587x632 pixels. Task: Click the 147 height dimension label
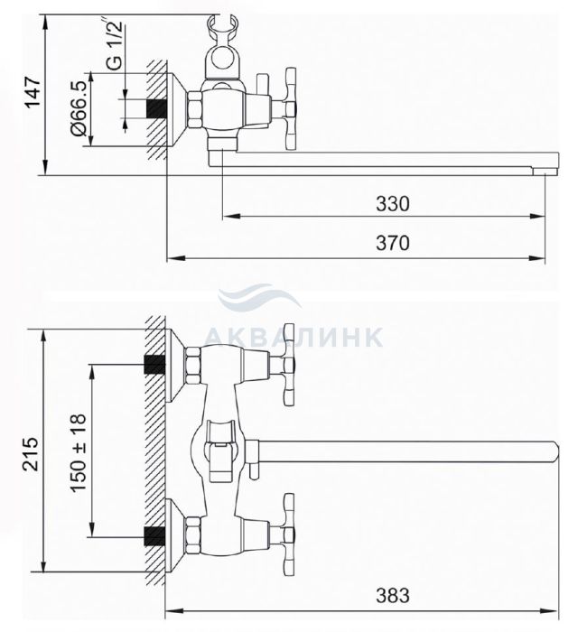tap(33, 94)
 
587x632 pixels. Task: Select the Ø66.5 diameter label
tap(79, 108)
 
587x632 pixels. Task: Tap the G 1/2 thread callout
tap(113, 43)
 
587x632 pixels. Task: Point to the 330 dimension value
tap(392, 203)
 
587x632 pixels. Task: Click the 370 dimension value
tap(392, 243)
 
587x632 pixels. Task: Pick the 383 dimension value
tap(392, 595)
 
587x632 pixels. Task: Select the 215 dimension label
tap(31, 453)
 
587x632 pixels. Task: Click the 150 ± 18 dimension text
tap(78, 452)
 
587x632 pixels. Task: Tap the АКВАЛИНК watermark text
tap(293, 336)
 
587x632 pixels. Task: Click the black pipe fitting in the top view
tap(156, 108)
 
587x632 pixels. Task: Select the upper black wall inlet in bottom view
tap(154, 364)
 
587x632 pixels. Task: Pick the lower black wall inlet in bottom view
tap(154, 536)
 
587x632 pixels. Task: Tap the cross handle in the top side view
tap(290, 109)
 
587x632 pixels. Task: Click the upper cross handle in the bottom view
tap(289, 365)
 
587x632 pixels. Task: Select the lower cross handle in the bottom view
tap(289, 534)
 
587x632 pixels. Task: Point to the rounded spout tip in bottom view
tap(555, 451)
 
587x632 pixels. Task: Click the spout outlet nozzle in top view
tap(545, 172)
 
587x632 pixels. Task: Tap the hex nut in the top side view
tap(195, 109)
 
